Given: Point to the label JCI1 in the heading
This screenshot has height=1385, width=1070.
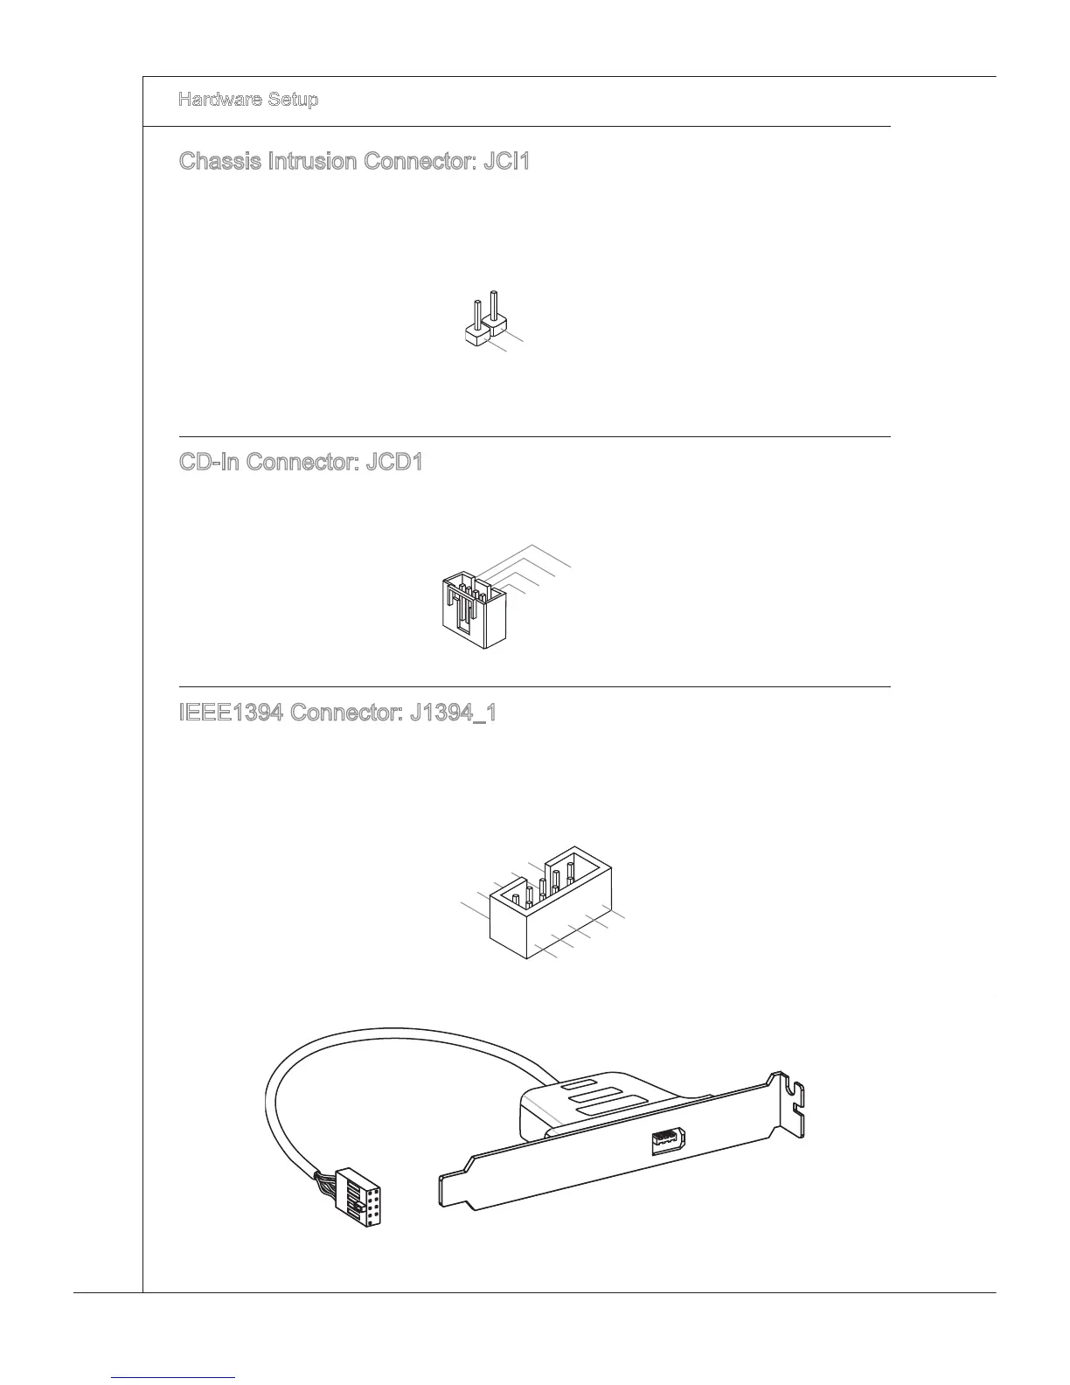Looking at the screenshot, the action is click(506, 162).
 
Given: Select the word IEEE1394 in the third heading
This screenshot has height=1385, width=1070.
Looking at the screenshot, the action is click(231, 713).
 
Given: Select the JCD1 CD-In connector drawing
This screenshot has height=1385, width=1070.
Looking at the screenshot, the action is click(470, 608).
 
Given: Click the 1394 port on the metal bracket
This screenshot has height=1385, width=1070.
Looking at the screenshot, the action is click(667, 1140).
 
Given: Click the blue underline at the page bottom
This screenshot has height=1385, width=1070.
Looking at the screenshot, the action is click(174, 1377).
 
